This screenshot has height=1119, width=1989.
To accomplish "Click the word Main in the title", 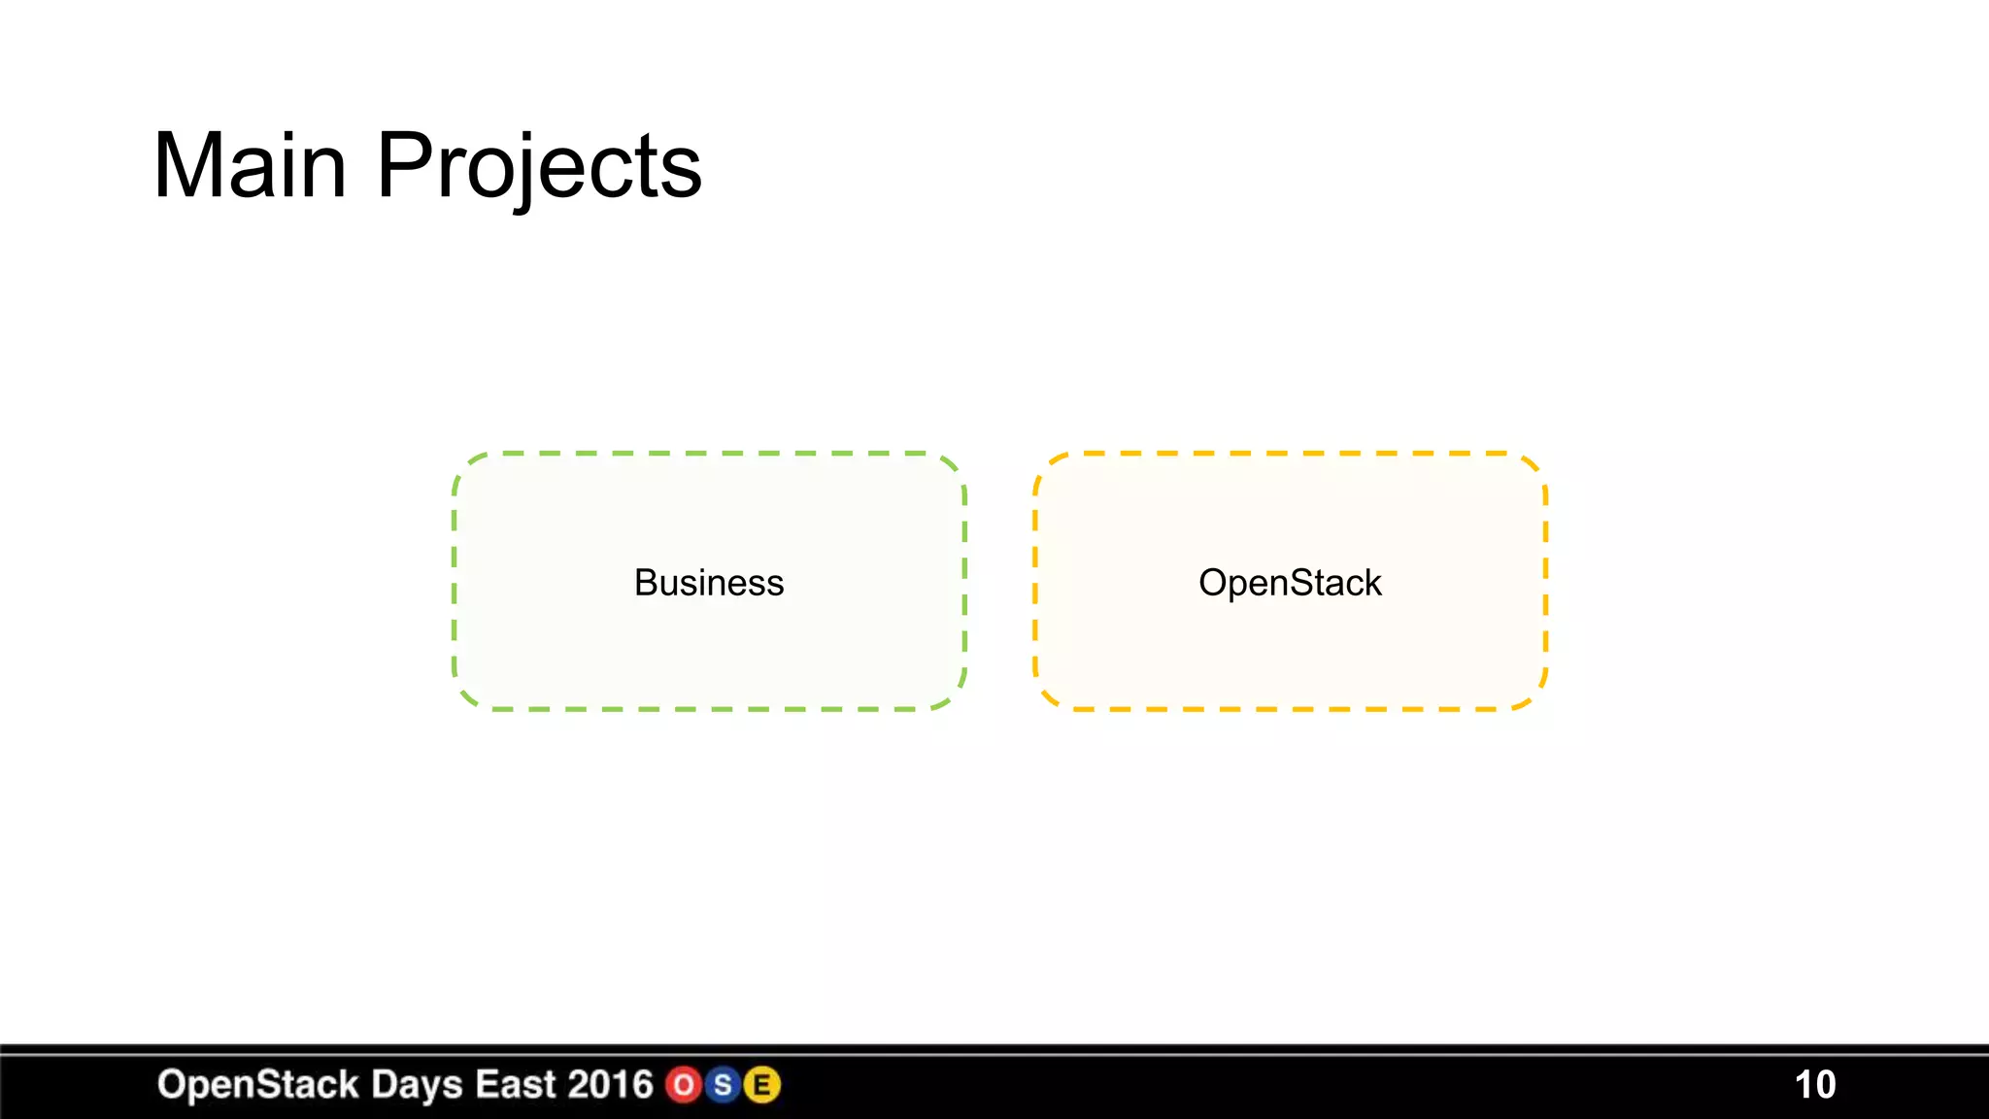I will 250,166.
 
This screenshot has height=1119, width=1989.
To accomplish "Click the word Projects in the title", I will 539,166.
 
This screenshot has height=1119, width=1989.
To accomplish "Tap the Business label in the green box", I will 709,583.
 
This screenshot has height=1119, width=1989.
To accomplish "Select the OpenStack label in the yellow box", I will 1290,583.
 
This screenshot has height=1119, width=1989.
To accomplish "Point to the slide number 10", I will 1814,1085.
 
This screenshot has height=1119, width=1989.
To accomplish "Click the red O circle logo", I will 684,1085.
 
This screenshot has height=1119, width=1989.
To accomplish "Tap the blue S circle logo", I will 723,1085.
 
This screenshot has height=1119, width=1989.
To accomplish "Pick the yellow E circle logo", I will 762,1085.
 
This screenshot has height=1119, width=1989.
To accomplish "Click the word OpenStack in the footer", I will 257,1085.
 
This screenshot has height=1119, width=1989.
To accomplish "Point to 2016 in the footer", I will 610,1085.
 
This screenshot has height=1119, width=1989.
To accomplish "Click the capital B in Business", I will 645,583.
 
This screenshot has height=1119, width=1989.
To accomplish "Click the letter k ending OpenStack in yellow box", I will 1371,583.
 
